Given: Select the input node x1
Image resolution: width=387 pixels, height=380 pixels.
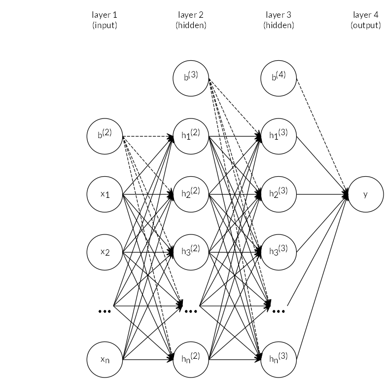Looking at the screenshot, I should [105, 194].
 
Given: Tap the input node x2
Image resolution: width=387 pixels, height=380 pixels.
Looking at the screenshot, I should [105, 253].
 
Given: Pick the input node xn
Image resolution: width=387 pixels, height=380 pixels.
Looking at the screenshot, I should [105, 360].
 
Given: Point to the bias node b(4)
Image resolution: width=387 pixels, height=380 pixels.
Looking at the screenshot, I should [279, 78].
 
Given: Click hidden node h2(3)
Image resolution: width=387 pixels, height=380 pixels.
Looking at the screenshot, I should [279, 194].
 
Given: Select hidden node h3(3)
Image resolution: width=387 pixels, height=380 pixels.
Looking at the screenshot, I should [279, 253].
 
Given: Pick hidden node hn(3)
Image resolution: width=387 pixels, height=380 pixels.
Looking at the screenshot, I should [279, 360].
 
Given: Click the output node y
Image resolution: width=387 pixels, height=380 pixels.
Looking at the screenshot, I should [365, 194].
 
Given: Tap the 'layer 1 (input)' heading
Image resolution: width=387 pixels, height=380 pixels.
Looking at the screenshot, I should [105, 21].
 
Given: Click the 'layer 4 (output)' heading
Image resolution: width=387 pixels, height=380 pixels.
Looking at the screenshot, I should [365, 21].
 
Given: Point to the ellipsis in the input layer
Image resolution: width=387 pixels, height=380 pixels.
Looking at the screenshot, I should [105, 311].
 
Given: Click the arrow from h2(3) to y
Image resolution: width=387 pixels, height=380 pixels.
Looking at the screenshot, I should [320, 194].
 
